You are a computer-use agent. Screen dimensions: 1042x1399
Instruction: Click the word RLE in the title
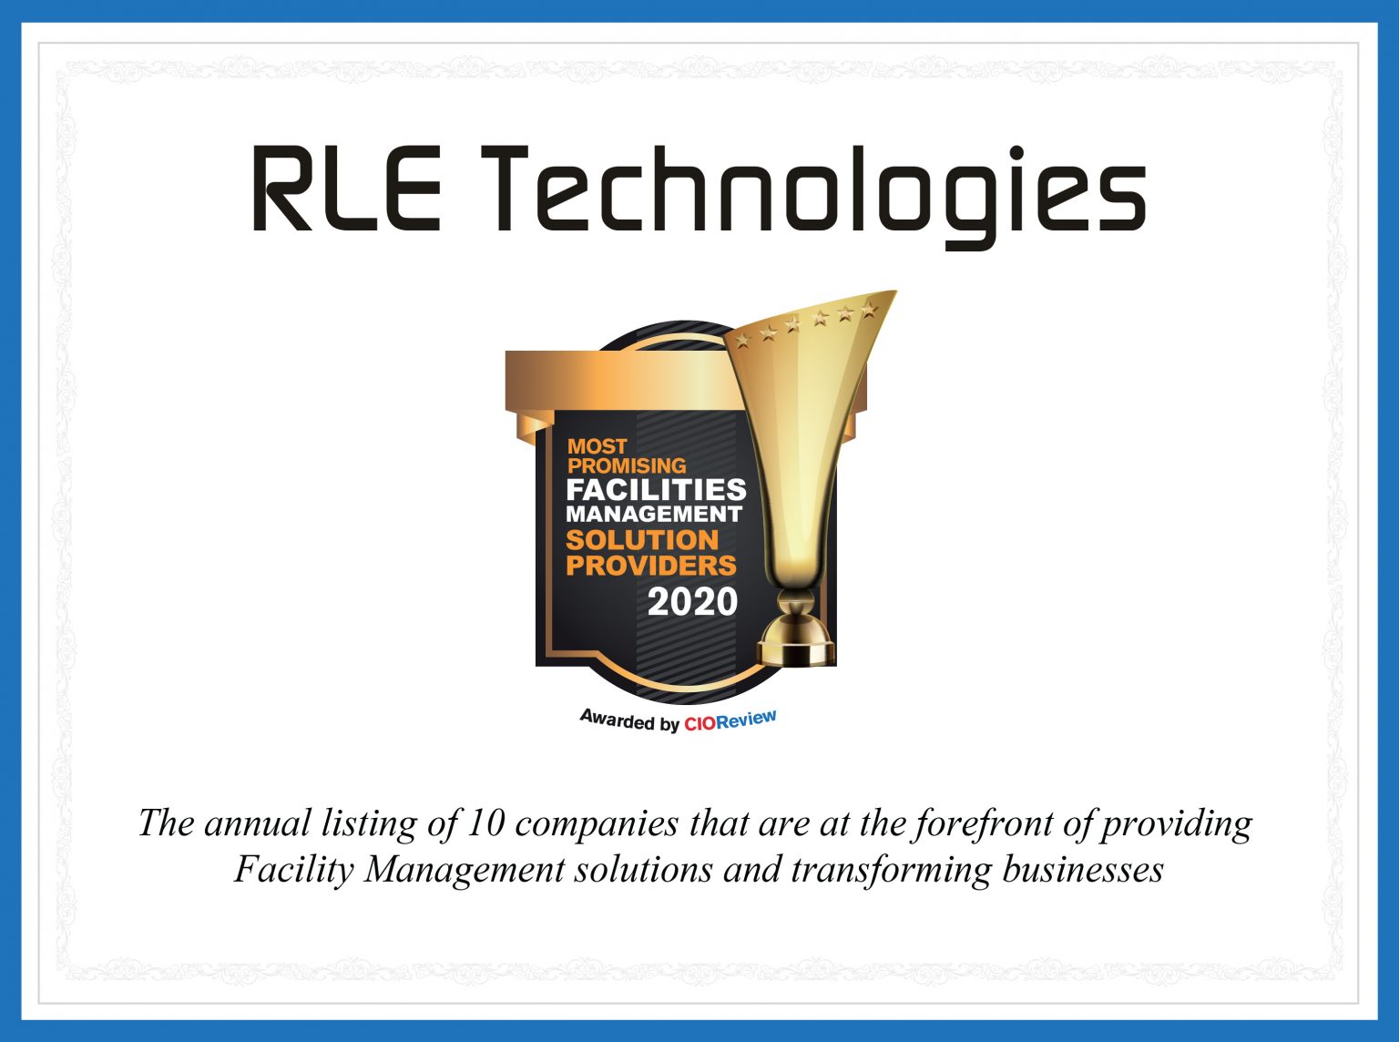345,189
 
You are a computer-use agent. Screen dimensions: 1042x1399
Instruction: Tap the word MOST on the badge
597,446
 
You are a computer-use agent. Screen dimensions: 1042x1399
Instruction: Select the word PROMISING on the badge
627,465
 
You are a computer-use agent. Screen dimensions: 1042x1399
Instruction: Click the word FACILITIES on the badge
656,490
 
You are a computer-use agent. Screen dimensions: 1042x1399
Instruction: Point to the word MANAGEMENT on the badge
653,514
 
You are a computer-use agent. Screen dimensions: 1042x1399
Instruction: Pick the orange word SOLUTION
642,539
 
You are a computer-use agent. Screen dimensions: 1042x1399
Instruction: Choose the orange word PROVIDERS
650,565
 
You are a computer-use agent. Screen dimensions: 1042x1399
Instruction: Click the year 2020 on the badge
692,601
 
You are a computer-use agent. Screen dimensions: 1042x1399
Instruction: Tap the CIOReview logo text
730,720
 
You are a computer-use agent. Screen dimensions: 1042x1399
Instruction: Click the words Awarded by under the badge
629,720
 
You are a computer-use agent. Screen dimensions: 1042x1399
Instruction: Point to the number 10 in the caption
485,823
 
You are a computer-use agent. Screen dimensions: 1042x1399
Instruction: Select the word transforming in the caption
890,869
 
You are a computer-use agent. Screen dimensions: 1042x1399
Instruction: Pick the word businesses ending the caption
1083,869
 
